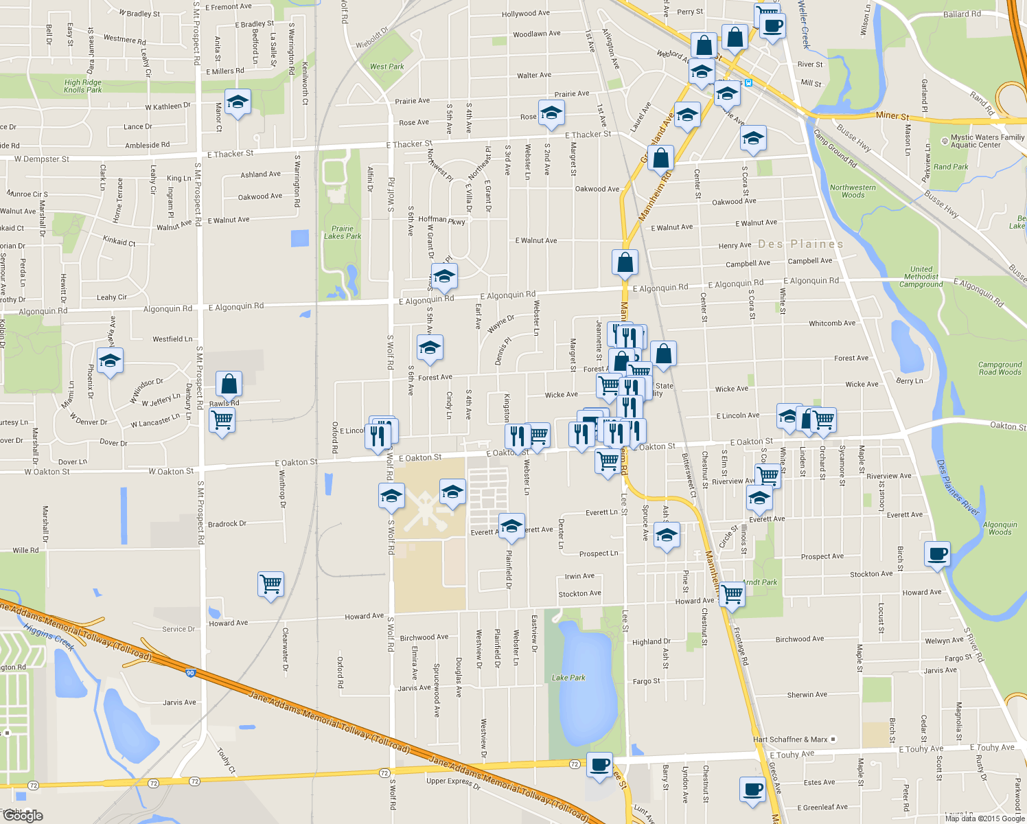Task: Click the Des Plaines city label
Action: pos(800,244)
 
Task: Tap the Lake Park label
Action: pos(568,678)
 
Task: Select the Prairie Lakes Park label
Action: pos(343,232)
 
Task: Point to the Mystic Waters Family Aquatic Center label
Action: pos(987,141)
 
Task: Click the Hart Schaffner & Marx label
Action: pos(790,740)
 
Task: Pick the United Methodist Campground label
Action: pos(921,277)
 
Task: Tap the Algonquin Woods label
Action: pos(1000,528)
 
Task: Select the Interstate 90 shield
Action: pos(190,673)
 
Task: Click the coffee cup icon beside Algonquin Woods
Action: pos(938,553)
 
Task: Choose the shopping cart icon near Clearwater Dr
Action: pos(270,584)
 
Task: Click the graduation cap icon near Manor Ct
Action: pos(238,102)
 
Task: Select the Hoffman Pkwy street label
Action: pos(441,220)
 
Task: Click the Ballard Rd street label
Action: pos(962,14)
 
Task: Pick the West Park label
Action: pos(386,67)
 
